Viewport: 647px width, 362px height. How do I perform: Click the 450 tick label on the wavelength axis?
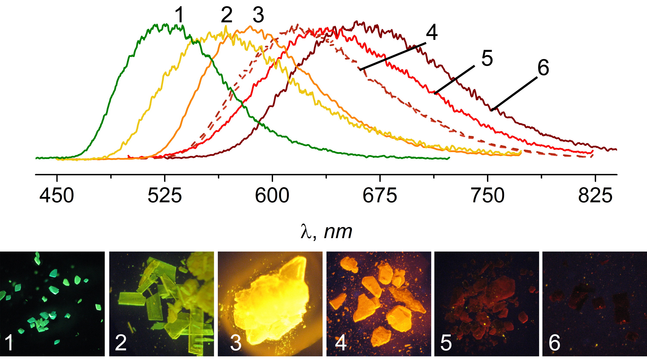[57, 195]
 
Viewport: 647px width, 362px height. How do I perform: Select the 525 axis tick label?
[165, 195]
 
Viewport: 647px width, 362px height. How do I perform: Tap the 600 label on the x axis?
[272, 195]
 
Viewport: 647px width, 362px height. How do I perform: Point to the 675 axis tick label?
[380, 195]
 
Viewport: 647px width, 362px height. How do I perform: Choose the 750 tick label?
[487, 195]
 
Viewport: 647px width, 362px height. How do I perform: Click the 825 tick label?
[595, 195]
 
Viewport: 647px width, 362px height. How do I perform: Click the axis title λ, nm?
[327, 232]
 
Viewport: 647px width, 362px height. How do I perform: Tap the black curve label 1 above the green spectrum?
[179, 15]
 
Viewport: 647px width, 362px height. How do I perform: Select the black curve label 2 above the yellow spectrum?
[226, 15]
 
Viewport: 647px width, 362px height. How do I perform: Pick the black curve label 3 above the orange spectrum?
[258, 15]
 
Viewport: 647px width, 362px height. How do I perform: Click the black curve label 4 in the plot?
[432, 33]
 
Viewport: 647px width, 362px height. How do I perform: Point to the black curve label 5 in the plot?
[487, 58]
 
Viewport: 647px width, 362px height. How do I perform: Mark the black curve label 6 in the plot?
[543, 68]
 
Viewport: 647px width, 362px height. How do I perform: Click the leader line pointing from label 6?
[514, 93]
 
